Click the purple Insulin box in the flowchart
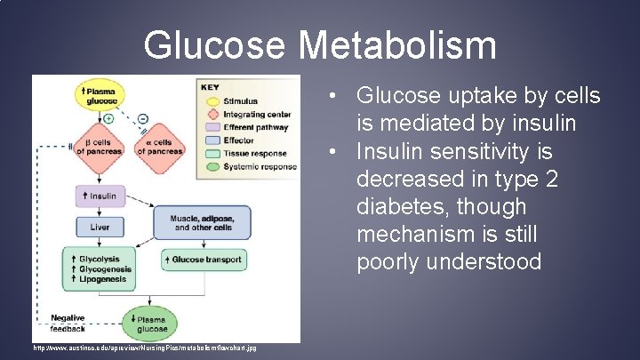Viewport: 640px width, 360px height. pyautogui.click(x=100, y=196)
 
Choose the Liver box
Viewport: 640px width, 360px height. pyautogui.click(x=100, y=228)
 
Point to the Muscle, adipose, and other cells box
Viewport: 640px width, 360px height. pyautogui.click(x=203, y=222)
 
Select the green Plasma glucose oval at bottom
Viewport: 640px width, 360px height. pyautogui.click(x=148, y=324)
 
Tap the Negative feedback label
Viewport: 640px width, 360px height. pyautogui.click(x=67, y=323)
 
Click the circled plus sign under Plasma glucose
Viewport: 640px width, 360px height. pyautogui.click(x=108, y=117)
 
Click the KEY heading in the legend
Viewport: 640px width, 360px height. pyautogui.click(x=211, y=88)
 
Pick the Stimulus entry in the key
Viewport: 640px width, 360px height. pyautogui.click(x=240, y=102)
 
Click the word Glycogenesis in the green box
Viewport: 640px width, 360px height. pyautogui.click(x=104, y=269)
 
